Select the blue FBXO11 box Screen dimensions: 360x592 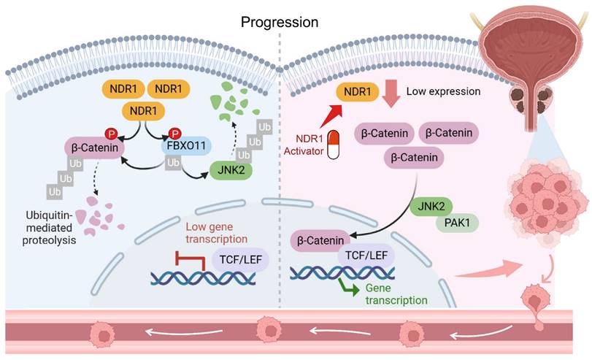click(x=182, y=146)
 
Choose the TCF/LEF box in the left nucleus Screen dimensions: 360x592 click(x=238, y=257)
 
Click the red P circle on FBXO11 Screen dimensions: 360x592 click(x=174, y=133)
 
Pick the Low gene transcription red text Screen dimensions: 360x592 click(x=218, y=233)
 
